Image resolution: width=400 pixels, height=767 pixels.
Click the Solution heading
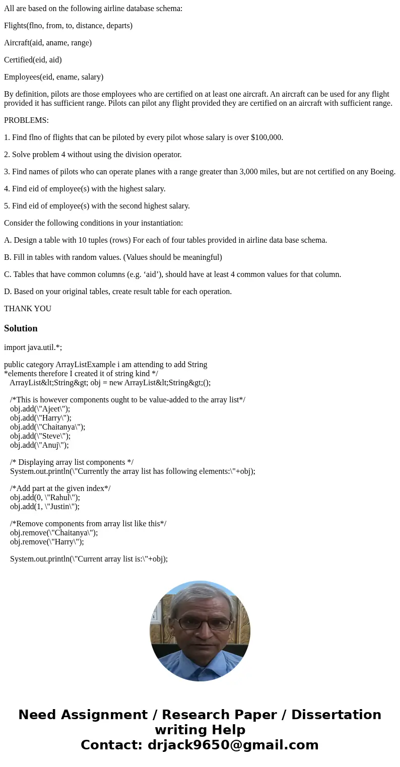click(x=21, y=328)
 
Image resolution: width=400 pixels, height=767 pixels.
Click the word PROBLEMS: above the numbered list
click(x=26, y=120)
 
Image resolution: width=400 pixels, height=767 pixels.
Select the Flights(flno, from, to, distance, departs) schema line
click(x=68, y=26)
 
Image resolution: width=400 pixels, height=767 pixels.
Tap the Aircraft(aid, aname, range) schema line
click(x=48, y=43)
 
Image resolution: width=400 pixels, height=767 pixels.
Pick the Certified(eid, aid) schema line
click(x=33, y=60)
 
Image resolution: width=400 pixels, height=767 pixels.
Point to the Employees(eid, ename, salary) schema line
click(x=53, y=77)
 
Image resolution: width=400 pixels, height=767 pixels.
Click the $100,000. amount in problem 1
click(x=267, y=137)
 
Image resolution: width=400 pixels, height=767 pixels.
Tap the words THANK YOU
click(x=28, y=309)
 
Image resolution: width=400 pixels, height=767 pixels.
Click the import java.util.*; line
click(x=33, y=347)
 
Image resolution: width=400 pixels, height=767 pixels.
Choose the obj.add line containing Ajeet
click(x=40, y=409)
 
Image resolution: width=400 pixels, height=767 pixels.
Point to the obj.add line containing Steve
click(x=40, y=436)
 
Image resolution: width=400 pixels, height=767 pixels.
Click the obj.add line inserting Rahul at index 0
click(x=45, y=498)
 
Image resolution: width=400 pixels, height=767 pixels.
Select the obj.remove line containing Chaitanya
click(x=54, y=533)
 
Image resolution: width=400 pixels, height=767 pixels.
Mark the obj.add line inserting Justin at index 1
click(x=45, y=507)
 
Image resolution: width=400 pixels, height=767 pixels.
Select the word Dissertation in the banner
click(x=336, y=715)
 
